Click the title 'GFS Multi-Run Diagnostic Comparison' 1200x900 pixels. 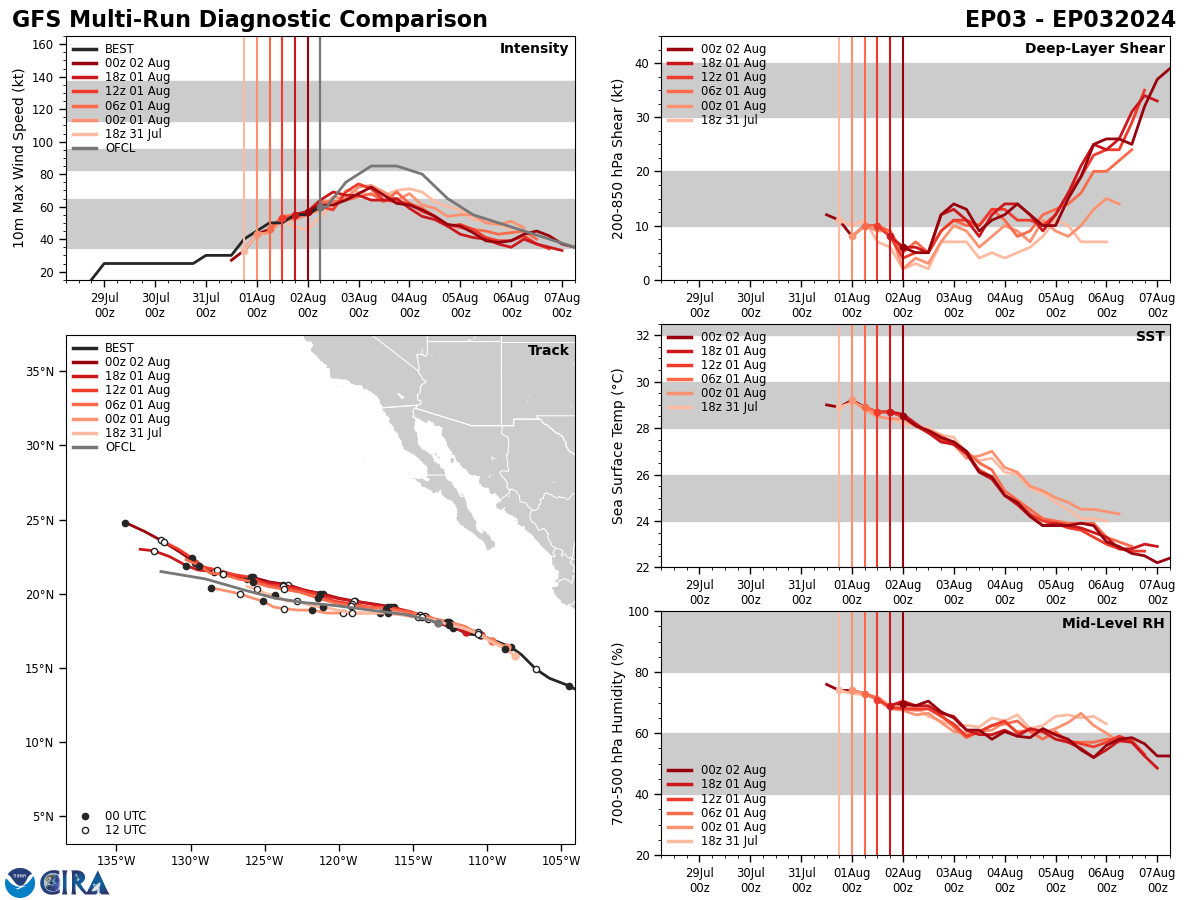[x=250, y=20]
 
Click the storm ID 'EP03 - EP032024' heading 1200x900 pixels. [x=1070, y=20]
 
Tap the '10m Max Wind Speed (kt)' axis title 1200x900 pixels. [x=19, y=157]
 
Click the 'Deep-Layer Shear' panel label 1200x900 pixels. [x=1094, y=49]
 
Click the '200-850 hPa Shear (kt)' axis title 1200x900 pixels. [x=618, y=158]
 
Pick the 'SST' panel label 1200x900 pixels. [x=1150, y=337]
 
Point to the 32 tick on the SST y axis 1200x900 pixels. [x=642, y=336]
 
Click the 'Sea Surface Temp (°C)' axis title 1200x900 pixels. [x=618, y=446]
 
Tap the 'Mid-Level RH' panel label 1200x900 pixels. [x=1113, y=624]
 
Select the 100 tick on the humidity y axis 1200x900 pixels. [x=638, y=611]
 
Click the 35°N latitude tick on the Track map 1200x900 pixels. [x=40, y=372]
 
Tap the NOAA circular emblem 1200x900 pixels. [x=19, y=882]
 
